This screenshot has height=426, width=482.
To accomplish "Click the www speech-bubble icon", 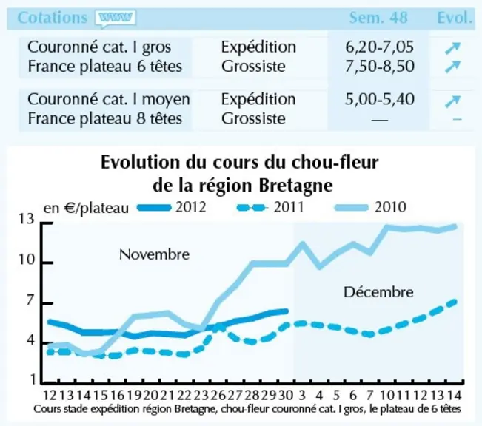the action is click(x=116, y=18).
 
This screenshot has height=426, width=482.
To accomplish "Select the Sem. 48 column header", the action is click(x=378, y=18).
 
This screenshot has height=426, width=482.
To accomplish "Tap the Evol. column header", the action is click(x=455, y=18).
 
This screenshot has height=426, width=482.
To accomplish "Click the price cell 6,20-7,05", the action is click(x=380, y=47).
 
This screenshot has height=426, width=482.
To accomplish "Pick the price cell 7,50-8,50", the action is click(x=380, y=67).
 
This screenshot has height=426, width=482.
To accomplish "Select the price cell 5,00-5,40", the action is click(x=380, y=99).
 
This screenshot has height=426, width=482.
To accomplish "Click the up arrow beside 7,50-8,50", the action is click(x=453, y=67).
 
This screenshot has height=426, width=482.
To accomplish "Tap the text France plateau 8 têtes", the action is click(x=105, y=118).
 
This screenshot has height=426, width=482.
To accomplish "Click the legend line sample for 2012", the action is click(x=154, y=208).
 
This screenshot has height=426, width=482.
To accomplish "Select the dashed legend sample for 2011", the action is click(x=251, y=208).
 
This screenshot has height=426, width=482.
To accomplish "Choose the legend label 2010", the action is click(x=390, y=207).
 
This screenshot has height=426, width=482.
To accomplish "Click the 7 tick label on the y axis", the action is click(x=30, y=300).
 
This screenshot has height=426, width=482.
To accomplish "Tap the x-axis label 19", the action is click(x=134, y=395).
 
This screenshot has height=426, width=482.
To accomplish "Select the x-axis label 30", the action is click(x=285, y=395).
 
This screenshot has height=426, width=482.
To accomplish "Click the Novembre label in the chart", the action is click(x=154, y=254).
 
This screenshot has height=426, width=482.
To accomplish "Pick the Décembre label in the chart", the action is click(x=378, y=292).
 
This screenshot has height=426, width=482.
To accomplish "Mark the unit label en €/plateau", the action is click(x=86, y=209).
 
